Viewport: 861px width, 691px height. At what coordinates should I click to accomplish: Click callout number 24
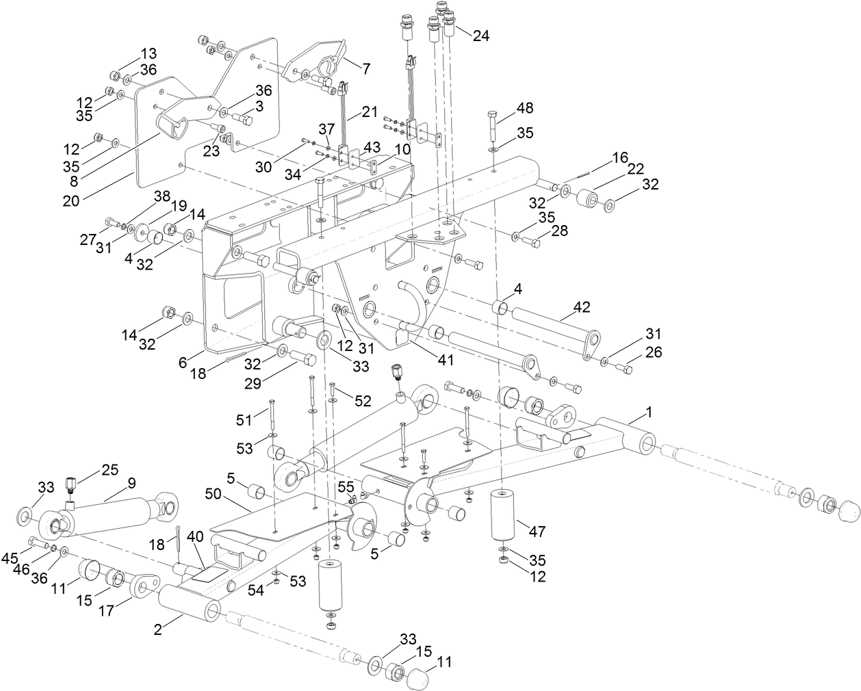point(481,36)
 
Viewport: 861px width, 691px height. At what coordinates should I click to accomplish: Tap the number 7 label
point(366,68)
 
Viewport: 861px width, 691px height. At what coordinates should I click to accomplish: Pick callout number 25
point(110,470)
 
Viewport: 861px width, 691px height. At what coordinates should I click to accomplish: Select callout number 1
point(650,413)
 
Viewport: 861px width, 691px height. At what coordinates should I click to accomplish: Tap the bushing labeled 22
point(588,198)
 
